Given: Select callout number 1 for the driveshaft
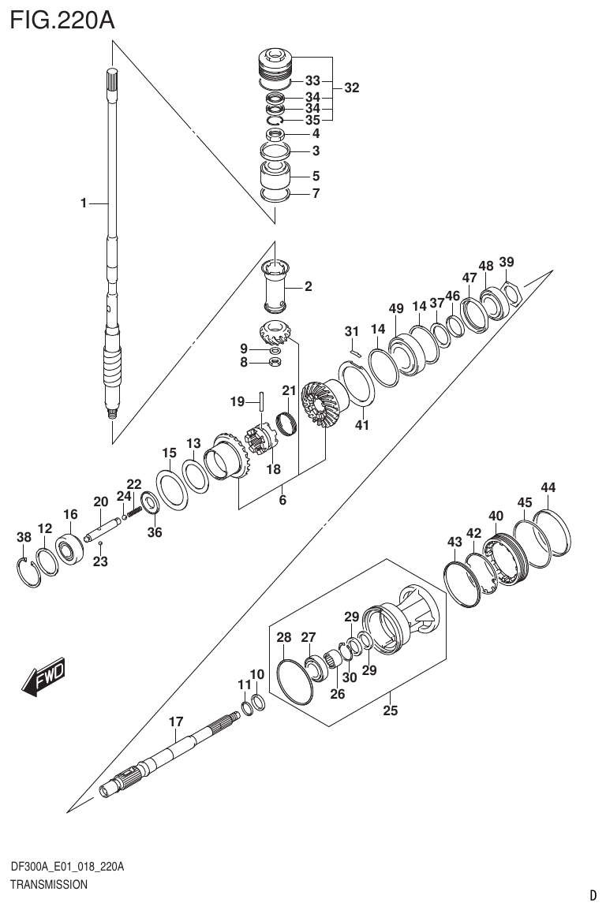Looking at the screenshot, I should click(x=83, y=203).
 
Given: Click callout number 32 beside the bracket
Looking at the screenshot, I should click(x=351, y=88).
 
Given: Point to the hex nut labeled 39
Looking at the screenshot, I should click(x=511, y=294).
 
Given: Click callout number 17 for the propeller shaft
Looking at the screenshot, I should click(x=176, y=721).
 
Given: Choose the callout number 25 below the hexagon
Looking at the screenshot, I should click(x=390, y=710).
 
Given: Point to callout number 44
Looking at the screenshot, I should click(x=548, y=487).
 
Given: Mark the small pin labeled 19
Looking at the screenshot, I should click(x=259, y=399).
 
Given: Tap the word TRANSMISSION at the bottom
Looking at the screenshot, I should click(x=49, y=885).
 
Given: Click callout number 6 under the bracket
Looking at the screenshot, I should click(x=282, y=500).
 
